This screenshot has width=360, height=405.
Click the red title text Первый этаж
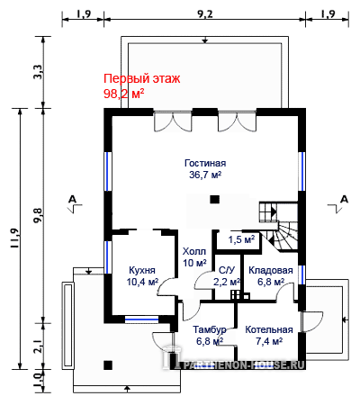point(142,79)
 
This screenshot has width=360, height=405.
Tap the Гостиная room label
point(205,163)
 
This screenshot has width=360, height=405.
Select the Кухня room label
point(142,270)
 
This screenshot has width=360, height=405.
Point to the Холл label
point(194,251)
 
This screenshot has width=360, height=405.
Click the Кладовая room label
point(271,270)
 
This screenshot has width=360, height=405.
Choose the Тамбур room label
point(210,329)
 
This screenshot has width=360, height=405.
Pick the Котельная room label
point(269,329)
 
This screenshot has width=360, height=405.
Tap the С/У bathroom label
point(227,270)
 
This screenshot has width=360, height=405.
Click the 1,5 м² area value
point(241,239)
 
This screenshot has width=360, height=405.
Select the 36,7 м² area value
point(205,175)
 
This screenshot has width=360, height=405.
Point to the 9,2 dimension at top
point(205,13)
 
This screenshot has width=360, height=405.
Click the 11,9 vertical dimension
point(14,238)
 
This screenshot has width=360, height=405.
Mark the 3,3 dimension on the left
point(39,72)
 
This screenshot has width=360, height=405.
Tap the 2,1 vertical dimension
point(39,346)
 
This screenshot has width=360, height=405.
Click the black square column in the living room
point(214,200)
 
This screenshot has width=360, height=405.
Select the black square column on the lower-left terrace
point(108,365)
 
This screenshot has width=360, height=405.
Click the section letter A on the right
point(345,199)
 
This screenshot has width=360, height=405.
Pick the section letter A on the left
point(73,199)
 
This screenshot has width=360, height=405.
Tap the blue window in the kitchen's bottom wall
point(141,319)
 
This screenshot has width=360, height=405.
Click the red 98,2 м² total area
point(123,94)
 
